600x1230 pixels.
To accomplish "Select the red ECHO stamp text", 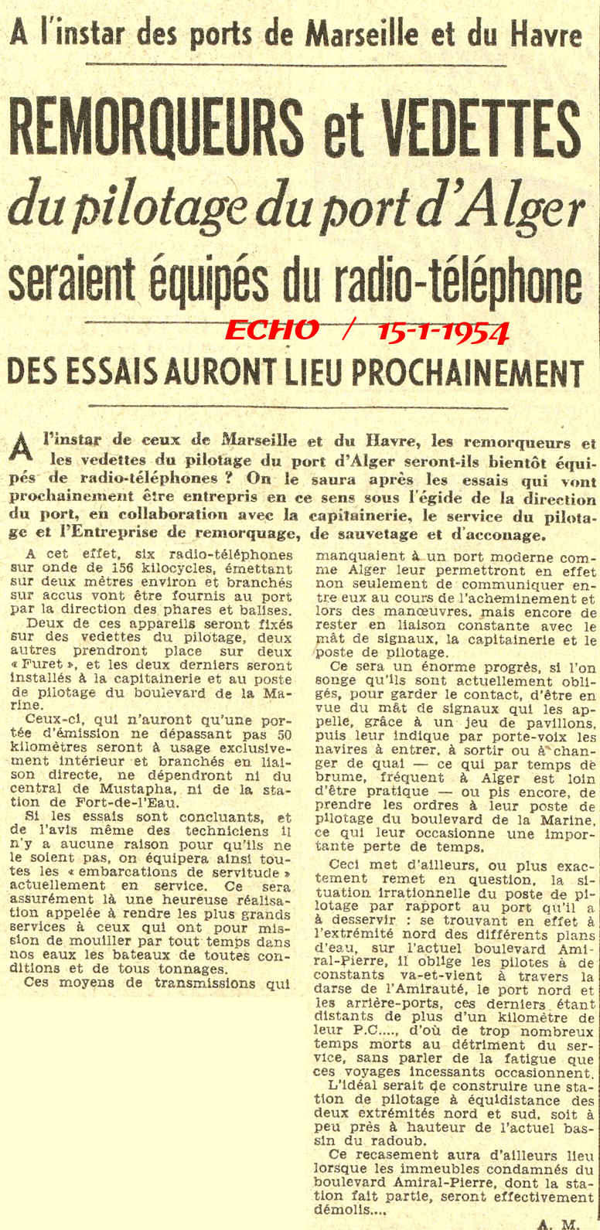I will (x=271, y=330).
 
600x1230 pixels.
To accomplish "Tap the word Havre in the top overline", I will (x=540, y=34).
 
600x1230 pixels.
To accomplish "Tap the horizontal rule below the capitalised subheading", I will (x=298, y=406).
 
